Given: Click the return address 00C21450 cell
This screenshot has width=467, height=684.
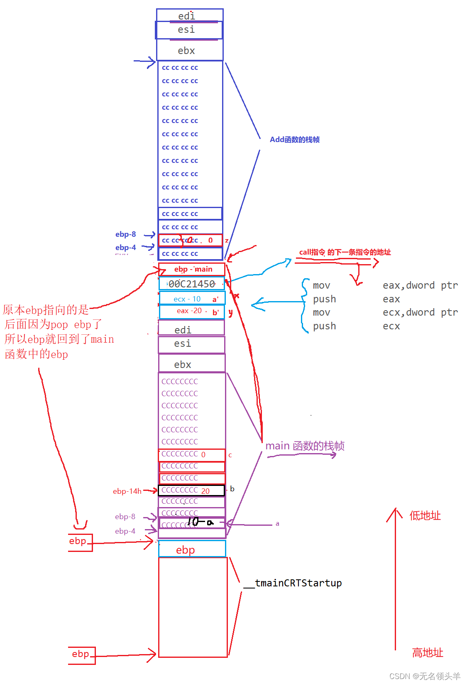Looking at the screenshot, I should (x=191, y=284).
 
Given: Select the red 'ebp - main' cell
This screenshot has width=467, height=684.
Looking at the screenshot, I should (x=192, y=269).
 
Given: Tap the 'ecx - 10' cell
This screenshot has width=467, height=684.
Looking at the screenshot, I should (x=192, y=299).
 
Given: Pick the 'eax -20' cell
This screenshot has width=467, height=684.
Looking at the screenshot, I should (x=192, y=311).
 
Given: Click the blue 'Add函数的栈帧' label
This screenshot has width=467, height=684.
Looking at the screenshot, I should (x=294, y=140).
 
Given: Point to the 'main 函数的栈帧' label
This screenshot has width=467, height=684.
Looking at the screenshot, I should (x=305, y=446).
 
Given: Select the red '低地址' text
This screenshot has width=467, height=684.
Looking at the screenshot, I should (x=425, y=516).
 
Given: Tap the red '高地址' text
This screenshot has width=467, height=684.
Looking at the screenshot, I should (x=427, y=653).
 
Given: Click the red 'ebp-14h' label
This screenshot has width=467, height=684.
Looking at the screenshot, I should (x=127, y=491).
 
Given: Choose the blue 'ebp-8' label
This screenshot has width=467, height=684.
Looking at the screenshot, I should (x=125, y=234).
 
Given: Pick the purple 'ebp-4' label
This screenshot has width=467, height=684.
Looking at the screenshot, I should (x=125, y=531).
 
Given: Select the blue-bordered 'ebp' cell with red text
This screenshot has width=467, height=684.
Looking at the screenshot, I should (x=192, y=550).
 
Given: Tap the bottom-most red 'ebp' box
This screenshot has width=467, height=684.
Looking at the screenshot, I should (x=81, y=655).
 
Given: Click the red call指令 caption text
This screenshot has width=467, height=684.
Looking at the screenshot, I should (x=345, y=252).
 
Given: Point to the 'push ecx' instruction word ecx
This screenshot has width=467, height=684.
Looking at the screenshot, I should (x=391, y=326).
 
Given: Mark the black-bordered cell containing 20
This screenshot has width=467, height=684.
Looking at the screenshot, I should (x=191, y=490).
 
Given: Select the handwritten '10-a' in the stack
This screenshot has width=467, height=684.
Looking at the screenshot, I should (x=200, y=522).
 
